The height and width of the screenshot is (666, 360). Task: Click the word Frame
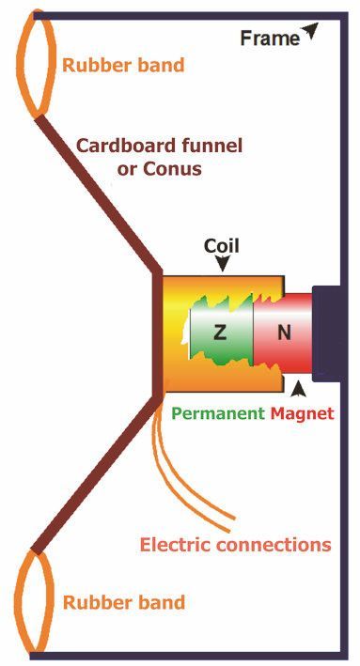[x=271, y=39]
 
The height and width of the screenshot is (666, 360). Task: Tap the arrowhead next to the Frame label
[x=310, y=31]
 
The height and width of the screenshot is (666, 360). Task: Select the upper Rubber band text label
[x=123, y=65]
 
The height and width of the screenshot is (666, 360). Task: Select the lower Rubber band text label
[x=124, y=602]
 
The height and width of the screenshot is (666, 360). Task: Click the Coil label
[x=222, y=246]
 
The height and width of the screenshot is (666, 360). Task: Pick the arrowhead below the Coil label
[x=222, y=264]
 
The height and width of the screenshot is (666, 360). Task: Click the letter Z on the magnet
[x=219, y=333]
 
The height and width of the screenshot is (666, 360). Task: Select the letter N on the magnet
[x=285, y=333]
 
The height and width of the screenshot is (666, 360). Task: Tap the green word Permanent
[x=218, y=413]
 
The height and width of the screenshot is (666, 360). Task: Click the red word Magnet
[x=303, y=413]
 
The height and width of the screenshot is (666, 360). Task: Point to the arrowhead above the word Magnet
[x=300, y=389]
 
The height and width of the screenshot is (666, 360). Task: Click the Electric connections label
[x=236, y=545]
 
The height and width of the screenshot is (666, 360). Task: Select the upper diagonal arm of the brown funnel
[x=99, y=194]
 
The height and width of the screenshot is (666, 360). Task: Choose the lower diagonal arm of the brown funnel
[x=97, y=472]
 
